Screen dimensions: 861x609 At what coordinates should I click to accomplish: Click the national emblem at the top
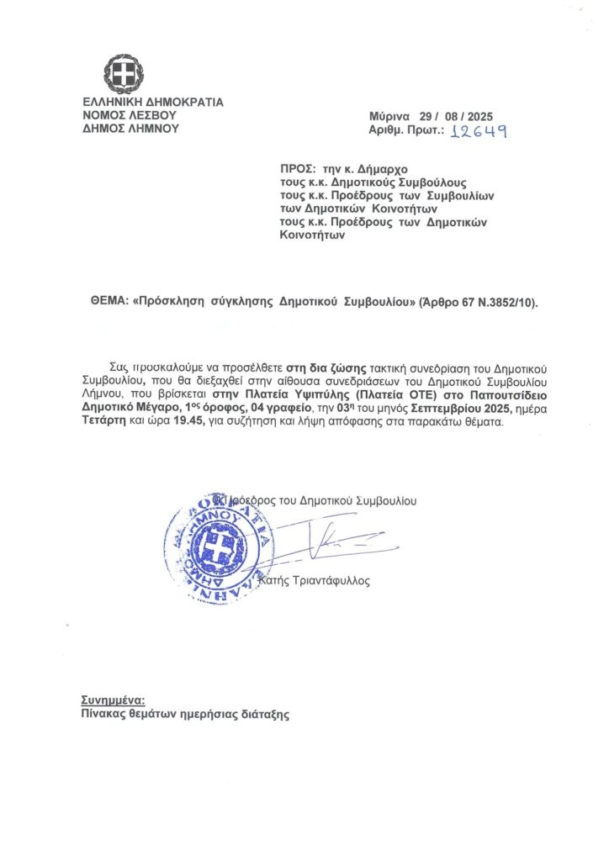(x=124, y=74)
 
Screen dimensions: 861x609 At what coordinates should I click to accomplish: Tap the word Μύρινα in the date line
(x=389, y=116)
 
